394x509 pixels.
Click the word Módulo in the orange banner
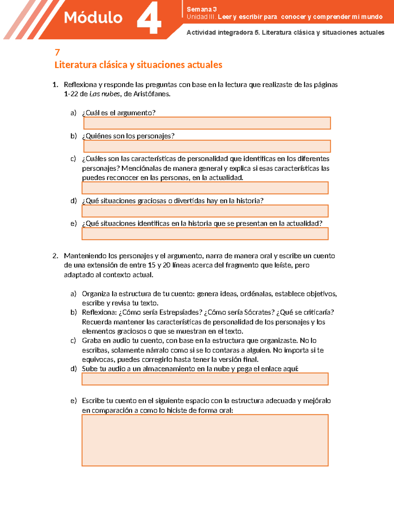point(93,18)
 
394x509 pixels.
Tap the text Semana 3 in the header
point(202,9)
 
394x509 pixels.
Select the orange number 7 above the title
point(57,52)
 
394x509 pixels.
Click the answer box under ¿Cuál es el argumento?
point(207,123)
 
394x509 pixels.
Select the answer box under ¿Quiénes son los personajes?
point(207,146)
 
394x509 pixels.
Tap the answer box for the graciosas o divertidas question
point(205,211)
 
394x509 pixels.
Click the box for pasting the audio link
point(205,379)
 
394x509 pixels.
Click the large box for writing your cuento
point(205,440)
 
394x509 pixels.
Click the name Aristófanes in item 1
point(152,94)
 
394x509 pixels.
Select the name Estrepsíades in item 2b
point(181,312)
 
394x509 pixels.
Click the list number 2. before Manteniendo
point(55,256)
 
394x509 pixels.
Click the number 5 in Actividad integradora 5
point(256,32)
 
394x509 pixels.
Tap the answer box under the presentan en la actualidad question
point(205,234)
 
